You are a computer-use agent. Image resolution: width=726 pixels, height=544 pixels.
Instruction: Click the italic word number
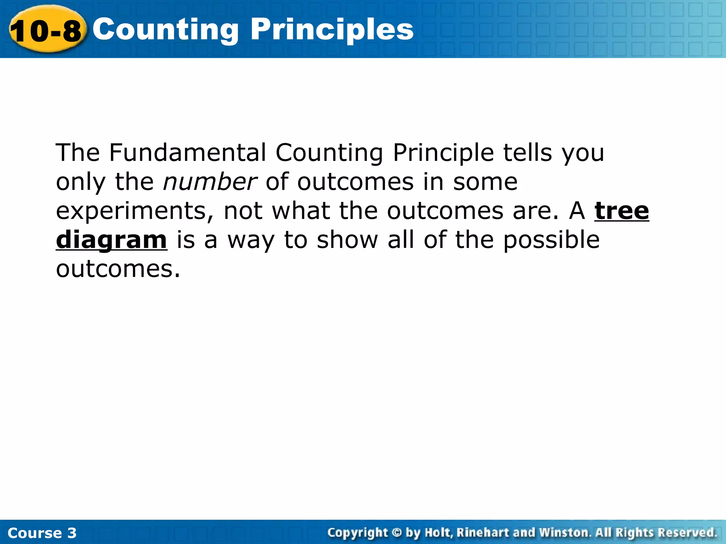210,182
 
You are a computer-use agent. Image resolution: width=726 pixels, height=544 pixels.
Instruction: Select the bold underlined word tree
621,211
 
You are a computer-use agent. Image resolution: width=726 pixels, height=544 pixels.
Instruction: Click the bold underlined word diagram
111,240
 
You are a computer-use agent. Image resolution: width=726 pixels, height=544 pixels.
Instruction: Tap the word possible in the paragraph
551,240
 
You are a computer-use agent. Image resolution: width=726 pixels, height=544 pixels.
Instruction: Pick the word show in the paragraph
347,240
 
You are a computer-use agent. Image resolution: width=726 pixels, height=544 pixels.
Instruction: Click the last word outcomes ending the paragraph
115,269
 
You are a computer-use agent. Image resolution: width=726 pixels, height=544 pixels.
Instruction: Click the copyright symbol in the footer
397,533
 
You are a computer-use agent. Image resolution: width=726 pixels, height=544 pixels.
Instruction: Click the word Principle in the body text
443,153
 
